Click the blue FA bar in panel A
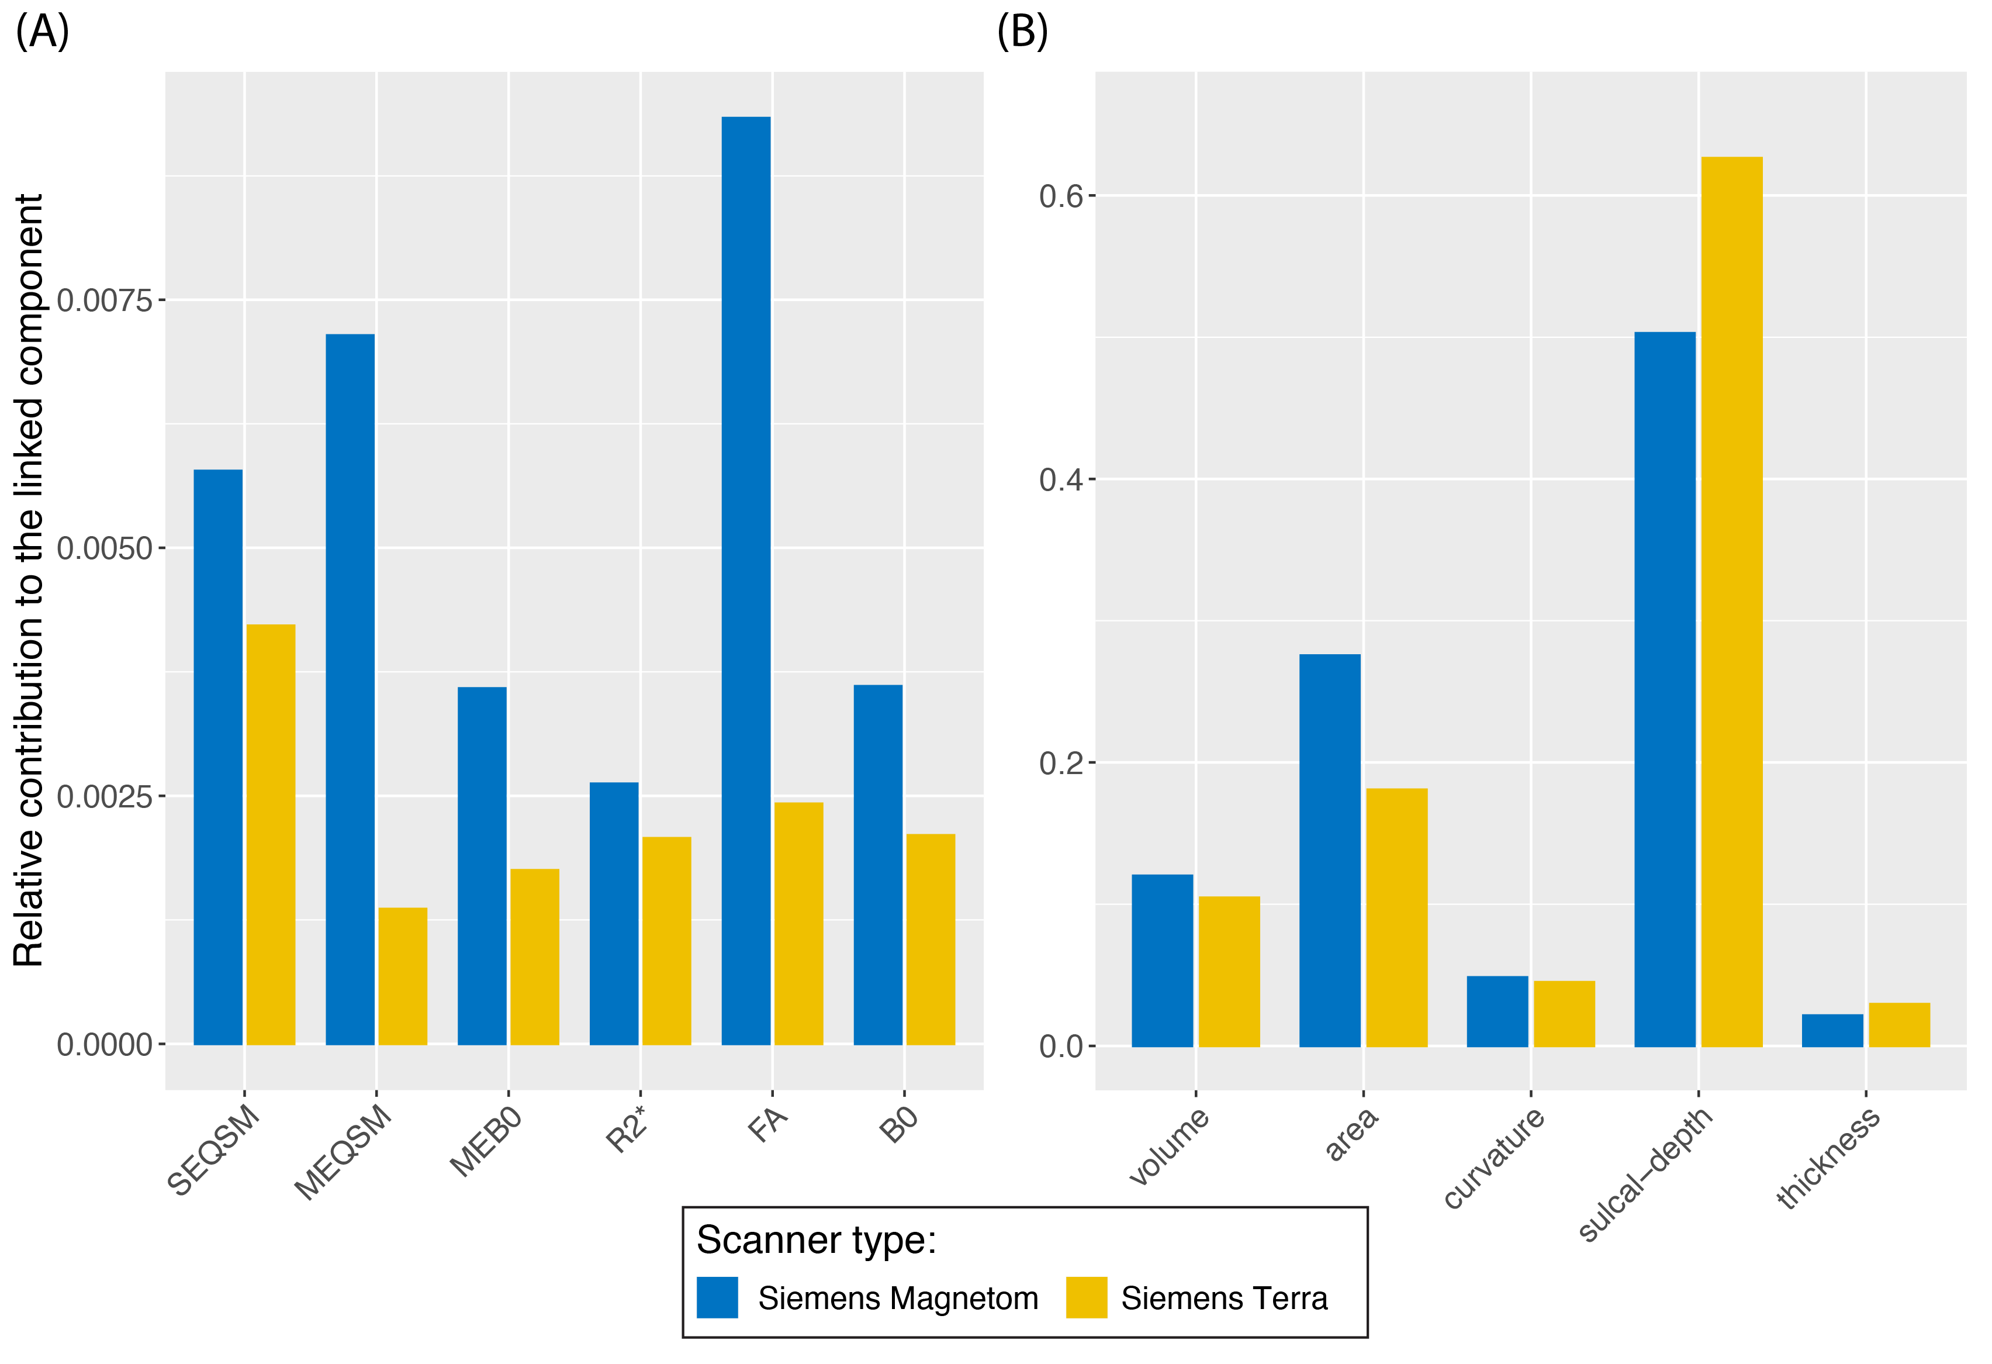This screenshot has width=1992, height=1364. pos(746,581)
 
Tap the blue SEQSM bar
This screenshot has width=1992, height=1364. pos(217,757)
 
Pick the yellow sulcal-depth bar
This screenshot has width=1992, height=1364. pos(1731,601)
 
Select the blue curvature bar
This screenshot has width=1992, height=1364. pos(1498,1011)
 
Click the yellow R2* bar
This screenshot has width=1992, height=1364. pos(667,941)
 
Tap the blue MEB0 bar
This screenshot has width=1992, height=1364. pos(482,866)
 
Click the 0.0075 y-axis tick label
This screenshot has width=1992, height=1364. pos(103,301)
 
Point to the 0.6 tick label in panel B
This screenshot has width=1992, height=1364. pos(1061,196)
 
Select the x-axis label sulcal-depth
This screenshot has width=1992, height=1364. pos(1646,1175)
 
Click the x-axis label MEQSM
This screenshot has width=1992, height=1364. pos(344,1153)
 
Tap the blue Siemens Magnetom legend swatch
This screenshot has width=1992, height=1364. pos(717,1297)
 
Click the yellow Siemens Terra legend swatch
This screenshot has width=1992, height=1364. pos(1086,1297)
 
